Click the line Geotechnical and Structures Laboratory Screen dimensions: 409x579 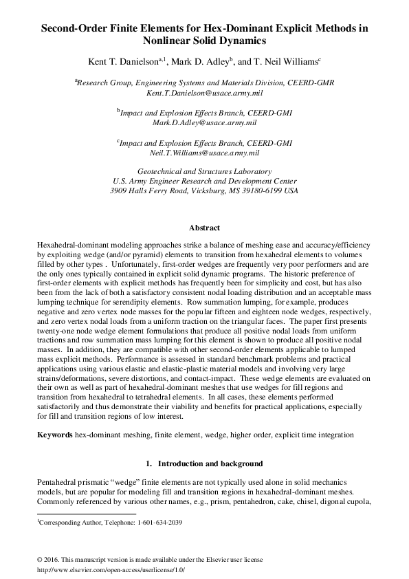204,171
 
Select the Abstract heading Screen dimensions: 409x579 204,228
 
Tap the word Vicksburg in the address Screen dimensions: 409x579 219,190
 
